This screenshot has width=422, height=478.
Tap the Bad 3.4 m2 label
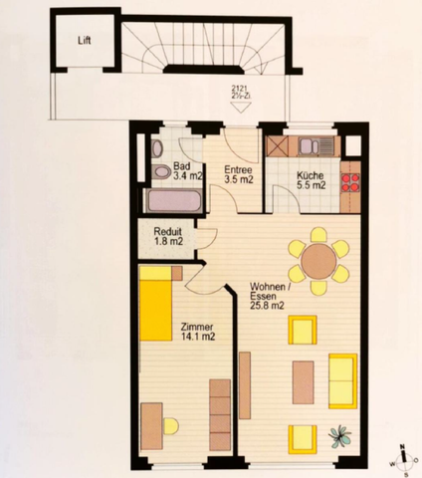click(182, 171)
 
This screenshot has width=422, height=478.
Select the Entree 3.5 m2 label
click(238, 175)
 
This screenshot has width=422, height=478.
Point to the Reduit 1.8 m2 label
click(168, 235)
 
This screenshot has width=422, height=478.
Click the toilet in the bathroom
click(160, 173)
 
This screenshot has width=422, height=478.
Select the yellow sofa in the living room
click(343, 380)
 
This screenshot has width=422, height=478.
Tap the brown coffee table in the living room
click(304, 381)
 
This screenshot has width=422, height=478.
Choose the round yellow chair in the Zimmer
click(170, 426)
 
